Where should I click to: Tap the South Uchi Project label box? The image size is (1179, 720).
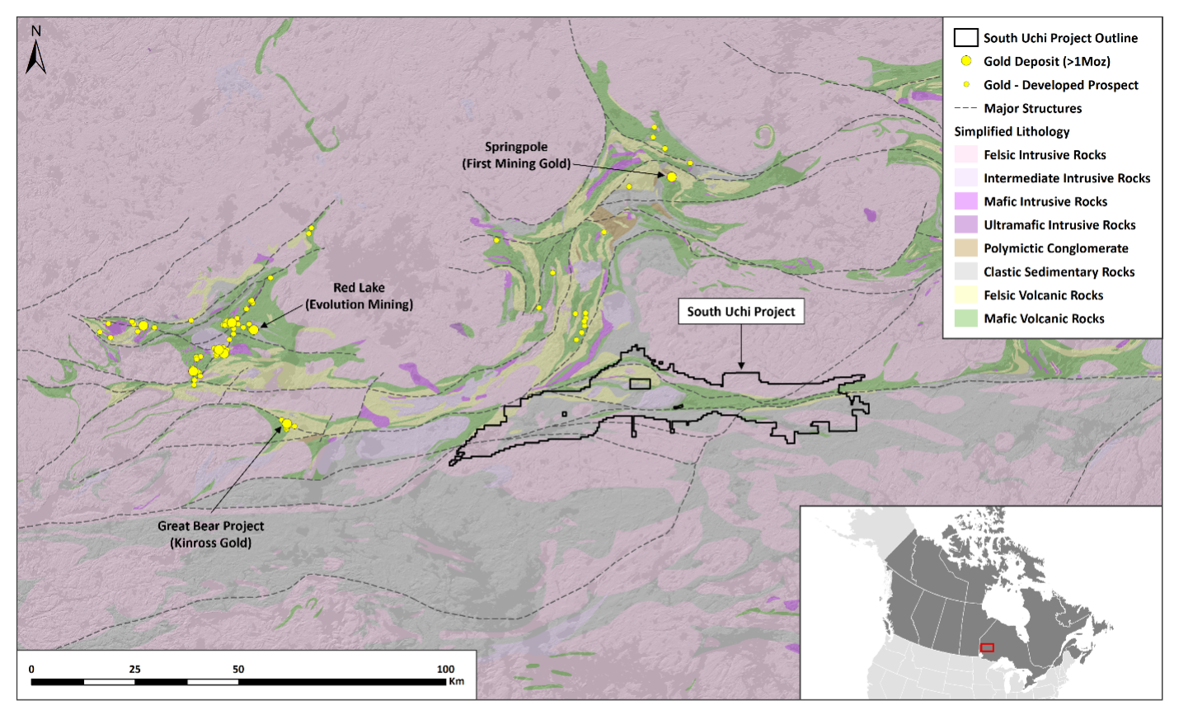[x=740, y=312]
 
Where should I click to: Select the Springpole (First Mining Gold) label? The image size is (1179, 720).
[x=516, y=155]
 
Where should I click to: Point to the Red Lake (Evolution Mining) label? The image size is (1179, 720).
[x=359, y=296]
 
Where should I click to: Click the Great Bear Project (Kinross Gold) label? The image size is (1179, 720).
[x=211, y=534]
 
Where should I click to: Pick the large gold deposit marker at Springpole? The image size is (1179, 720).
[x=672, y=176]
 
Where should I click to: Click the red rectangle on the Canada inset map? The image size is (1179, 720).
[x=987, y=647]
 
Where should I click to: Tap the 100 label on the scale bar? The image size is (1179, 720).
[x=445, y=669]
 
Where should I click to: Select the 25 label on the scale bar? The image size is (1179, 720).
[x=134, y=669]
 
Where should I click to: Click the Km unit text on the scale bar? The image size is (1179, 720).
[x=456, y=681]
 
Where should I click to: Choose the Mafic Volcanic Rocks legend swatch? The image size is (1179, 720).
[x=965, y=318]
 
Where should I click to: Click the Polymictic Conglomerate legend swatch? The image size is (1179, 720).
[x=965, y=248]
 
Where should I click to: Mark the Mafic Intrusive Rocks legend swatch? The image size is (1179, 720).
[x=965, y=201]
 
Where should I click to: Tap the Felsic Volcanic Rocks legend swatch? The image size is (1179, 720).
[x=965, y=295]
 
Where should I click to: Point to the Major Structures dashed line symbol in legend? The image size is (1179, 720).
[x=965, y=108]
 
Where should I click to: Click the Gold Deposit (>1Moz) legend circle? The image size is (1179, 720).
[x=965, y=61]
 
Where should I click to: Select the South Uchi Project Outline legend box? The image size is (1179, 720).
[x=965, y=38]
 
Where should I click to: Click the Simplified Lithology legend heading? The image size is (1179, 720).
[x=1012, y=131]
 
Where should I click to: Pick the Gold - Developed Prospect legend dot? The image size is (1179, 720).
[x=965, y=84]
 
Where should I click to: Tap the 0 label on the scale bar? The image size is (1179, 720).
[x=31, y=669]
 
